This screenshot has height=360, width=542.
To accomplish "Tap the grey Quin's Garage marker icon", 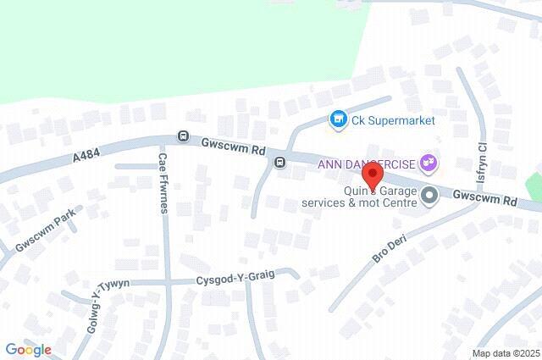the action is point(429,197).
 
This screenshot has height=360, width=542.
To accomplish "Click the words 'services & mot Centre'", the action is point(360,204).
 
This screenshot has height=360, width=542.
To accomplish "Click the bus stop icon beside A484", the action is point(182,136).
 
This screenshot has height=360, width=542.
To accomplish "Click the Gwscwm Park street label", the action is point(47,224).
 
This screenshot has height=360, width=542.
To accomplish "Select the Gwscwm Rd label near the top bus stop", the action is point(234,146).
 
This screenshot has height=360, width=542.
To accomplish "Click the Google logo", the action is point(28,349).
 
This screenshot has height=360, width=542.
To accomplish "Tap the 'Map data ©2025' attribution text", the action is point(506,353).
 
